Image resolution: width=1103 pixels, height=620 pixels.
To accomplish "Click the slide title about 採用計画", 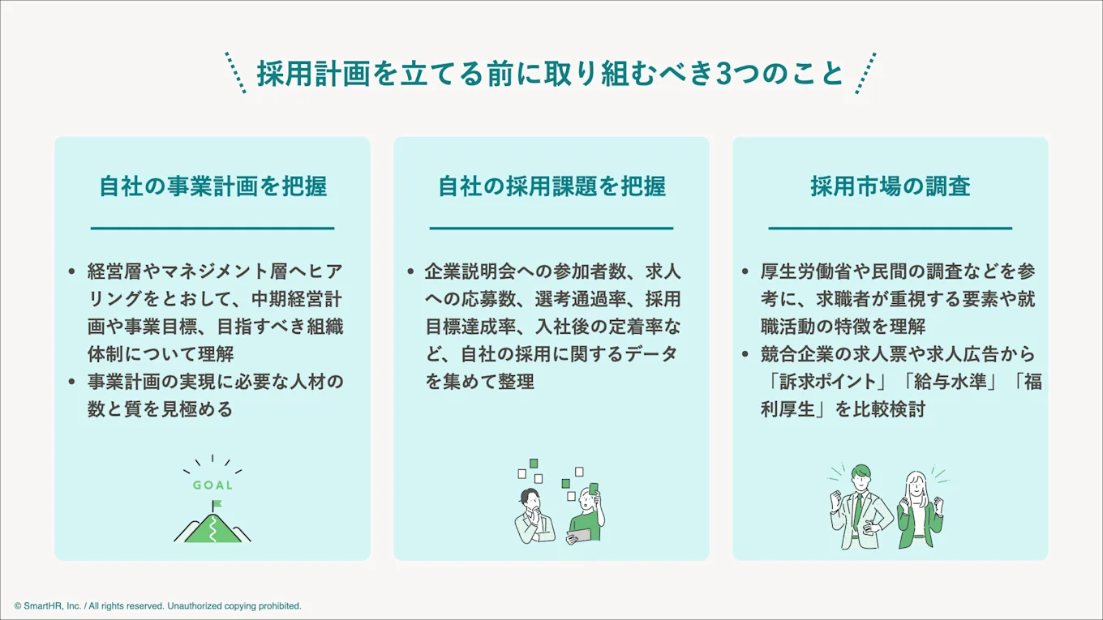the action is point(551,73).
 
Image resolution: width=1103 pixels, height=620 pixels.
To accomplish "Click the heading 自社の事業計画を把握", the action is point(212,186).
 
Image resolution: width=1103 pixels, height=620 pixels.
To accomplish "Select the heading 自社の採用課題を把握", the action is point(551,186).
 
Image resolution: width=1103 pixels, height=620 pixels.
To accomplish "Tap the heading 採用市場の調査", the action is point(891,186).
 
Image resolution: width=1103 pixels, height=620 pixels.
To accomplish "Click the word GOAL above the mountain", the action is point(212,485).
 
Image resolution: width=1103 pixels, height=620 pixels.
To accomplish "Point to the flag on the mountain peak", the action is point(217,505).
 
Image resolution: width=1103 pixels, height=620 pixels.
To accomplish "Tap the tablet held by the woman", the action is point(578,536).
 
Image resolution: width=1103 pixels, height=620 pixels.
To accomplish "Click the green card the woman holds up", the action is point(594,489).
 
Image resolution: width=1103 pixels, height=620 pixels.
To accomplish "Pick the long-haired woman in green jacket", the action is point(920,511).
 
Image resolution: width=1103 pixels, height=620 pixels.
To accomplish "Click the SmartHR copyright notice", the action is point(157,606).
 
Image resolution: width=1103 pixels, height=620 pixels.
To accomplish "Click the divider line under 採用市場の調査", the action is point(891,229).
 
